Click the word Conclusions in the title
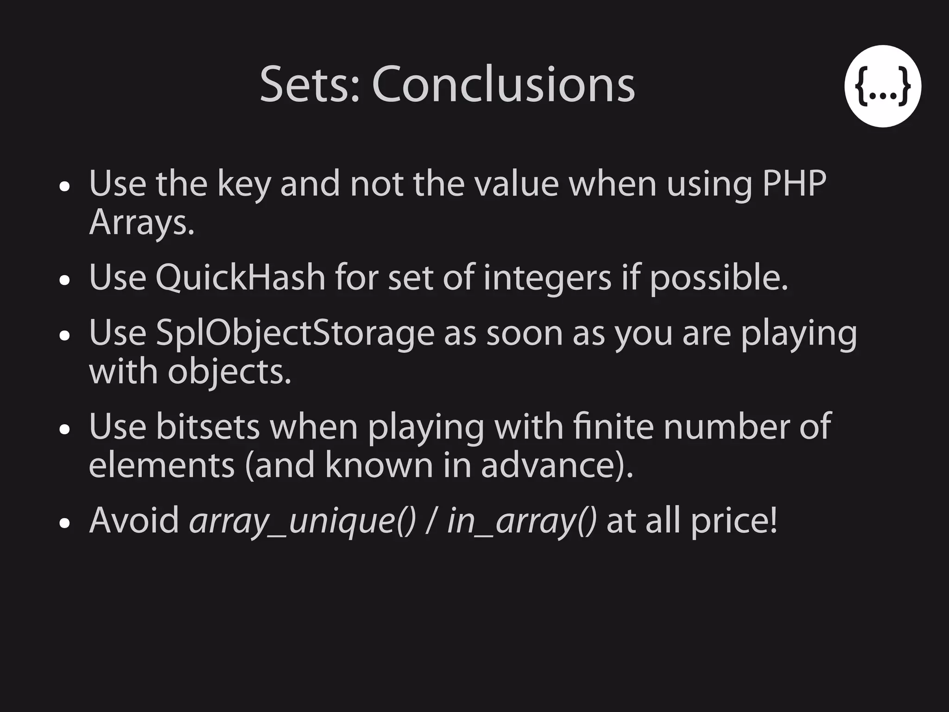[503, 84]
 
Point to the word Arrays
[141, 223]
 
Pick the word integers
[547, 278]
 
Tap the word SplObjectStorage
[295, 334]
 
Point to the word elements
[162, 465]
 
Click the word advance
[553, 465]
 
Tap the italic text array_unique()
[303, 521]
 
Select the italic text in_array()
[521, 521]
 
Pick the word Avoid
[134, 521]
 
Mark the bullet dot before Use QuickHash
[65, 280]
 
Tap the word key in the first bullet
[244, 184]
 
